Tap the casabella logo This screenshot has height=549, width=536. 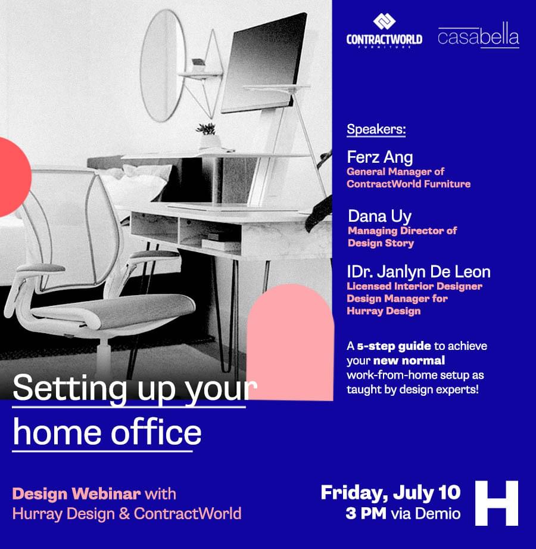click(478, 35)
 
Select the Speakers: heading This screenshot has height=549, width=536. click(376, 129)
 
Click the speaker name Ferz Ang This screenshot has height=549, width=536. click(379, 157)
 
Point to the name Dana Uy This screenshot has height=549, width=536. click(379, 216)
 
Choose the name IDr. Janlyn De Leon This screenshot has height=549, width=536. click(419, 272)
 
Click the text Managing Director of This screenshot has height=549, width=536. click(403, 231)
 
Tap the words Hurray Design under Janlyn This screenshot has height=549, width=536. click(384, 311)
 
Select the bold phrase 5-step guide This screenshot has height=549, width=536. click(394, 346)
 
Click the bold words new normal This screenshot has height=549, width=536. click(409, 360)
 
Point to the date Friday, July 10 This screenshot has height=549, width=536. click(391, 493)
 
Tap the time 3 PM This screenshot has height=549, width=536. click(366, 514)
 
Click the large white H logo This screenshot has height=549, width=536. click(497, 503)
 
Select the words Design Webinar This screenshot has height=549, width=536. click(77, 494)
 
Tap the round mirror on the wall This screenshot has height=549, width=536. click(163, 66)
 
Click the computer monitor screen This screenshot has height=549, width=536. click(264, 63)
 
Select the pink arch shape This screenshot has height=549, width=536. click(290, 342)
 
